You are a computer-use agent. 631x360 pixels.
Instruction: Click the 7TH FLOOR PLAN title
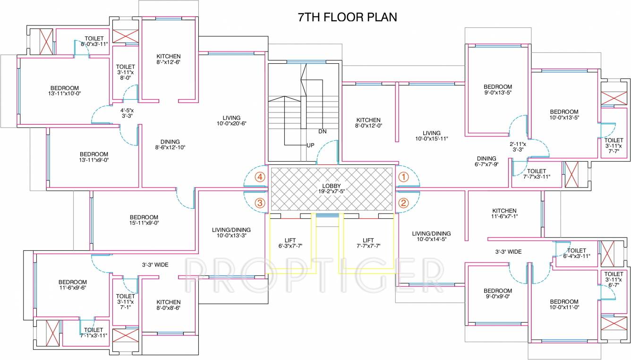coord(347,17)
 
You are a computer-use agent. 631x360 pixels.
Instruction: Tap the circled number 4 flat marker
coord(259,177)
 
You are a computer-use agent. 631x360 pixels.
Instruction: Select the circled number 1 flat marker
coord(403,177)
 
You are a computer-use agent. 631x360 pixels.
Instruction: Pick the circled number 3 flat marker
coord(259,203)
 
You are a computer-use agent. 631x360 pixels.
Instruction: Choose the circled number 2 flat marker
coord(403,203)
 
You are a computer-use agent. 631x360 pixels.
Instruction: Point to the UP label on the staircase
coord(310,145)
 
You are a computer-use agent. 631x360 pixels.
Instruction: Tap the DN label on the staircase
coord(323,131)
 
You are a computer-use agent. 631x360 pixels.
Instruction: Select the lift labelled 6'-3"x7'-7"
coord(290,243)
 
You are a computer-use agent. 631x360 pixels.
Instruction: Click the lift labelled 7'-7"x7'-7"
coord(368,243)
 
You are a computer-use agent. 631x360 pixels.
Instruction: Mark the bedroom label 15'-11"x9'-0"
coord(144,220)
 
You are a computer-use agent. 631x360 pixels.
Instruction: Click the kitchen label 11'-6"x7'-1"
coord(504,214)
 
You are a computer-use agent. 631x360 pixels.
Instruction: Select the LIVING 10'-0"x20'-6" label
coord(231,120)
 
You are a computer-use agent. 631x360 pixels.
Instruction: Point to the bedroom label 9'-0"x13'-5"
coord(498,90)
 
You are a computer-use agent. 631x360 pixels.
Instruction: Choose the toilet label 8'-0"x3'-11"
coord(94,41)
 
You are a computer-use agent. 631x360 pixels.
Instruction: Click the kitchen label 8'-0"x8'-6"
coord(169,305)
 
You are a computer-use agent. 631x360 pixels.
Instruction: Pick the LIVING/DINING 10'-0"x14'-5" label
coord(431,236)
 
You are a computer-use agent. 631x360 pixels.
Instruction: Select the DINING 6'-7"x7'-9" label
coord(486,162)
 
